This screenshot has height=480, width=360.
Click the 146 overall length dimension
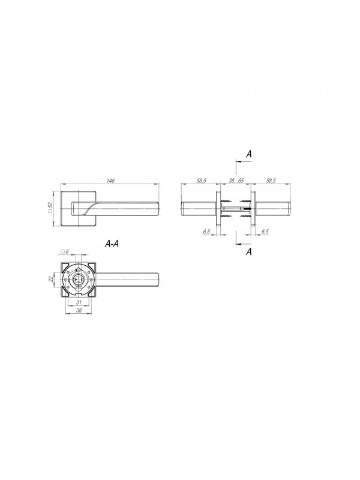point(110,181)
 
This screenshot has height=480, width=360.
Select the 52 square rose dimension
point(50,207)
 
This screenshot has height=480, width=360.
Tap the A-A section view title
point(112,244)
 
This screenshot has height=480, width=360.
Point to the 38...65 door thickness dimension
point(236,181)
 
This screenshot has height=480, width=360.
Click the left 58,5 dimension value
point(201,181)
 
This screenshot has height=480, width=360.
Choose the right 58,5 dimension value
point(271,181)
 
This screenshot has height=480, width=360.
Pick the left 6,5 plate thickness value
point(206,232)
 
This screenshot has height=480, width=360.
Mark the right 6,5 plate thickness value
point(265,232)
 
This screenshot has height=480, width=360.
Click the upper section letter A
point(249,154)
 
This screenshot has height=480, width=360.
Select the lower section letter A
point(249,251)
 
